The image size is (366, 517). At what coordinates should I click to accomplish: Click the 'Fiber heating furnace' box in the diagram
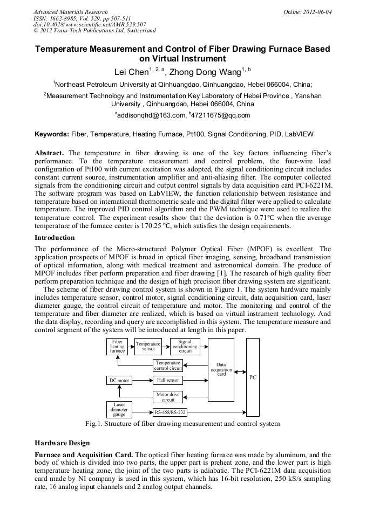(117, 346)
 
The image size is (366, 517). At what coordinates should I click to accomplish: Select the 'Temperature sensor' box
(148, 346)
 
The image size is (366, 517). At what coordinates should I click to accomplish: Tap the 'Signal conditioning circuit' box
(185, 346)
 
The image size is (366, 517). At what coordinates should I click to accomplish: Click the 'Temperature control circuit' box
(168, 366)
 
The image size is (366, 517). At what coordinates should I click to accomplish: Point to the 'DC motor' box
(119, 381)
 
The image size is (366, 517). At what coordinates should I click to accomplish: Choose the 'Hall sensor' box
(168, 381)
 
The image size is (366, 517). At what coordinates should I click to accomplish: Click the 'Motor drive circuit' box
(168, 397)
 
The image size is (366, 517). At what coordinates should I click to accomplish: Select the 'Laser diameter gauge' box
(119, 410)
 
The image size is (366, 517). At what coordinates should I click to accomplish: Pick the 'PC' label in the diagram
(253, 377)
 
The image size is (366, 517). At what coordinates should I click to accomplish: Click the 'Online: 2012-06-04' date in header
(308, 12)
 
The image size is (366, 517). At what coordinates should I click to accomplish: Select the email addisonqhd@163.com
(150, 115)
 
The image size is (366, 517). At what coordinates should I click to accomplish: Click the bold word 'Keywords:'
(52, 134)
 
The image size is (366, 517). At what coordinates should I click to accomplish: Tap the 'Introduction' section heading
(55, 238)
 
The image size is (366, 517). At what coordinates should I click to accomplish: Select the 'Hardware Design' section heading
(62, 443)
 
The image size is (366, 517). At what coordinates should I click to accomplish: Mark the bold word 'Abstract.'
(50, 153)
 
